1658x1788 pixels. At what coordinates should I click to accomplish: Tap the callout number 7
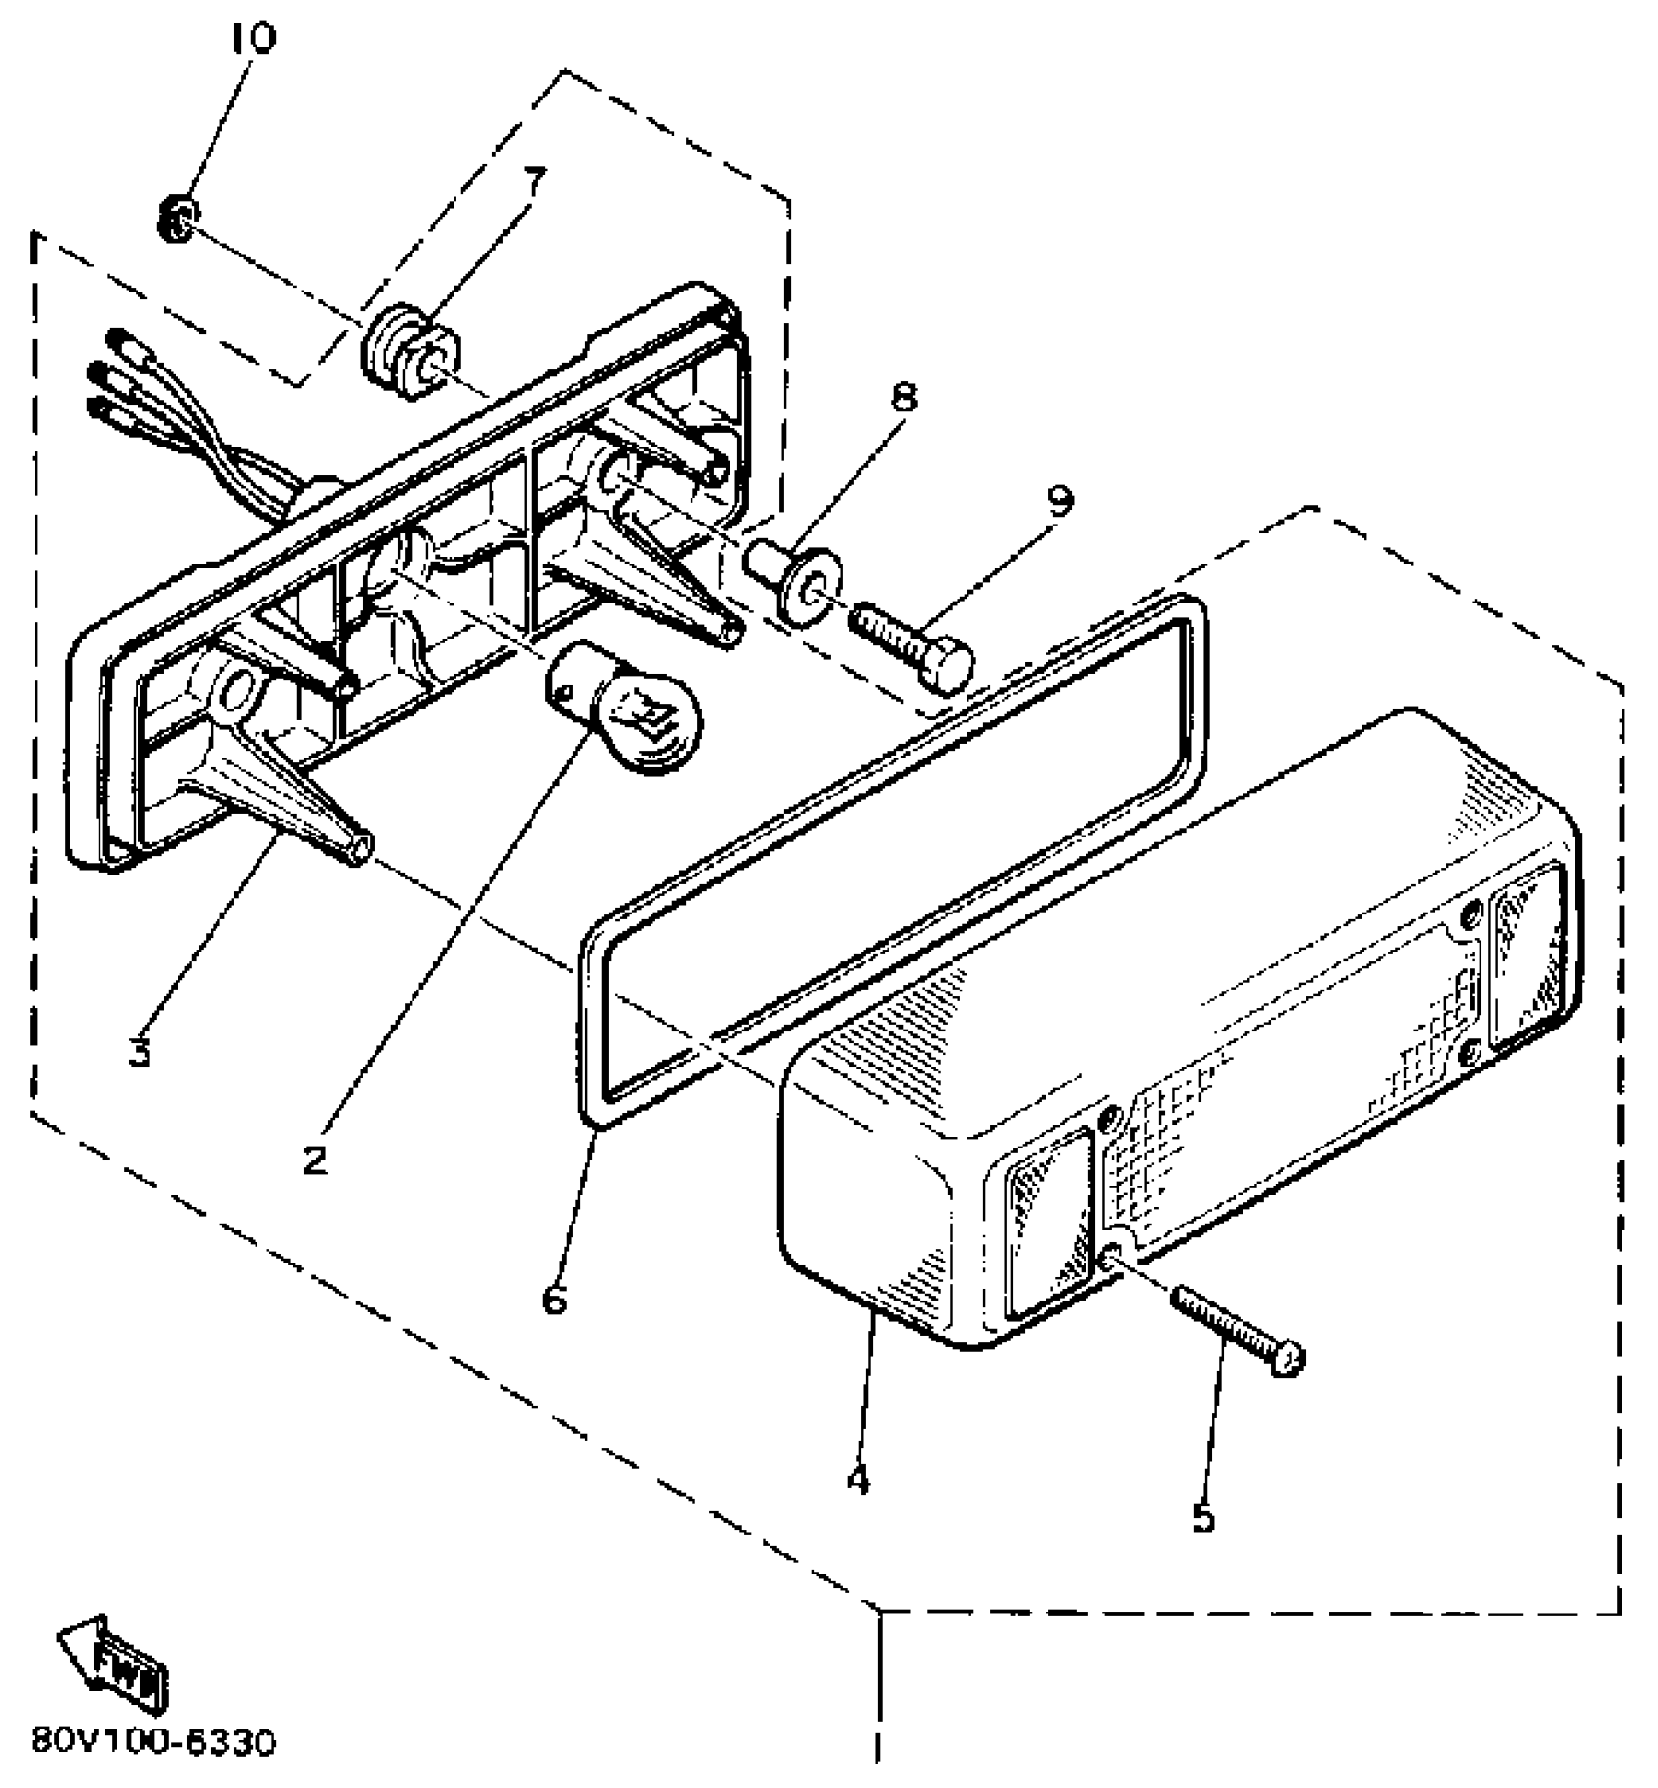[x=533, y=181]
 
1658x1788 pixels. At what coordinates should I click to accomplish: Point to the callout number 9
[x=1059, y=501]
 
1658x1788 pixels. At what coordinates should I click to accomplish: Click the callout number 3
[x=140, y=1051]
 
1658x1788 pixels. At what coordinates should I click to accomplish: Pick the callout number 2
[x=314, y=1160]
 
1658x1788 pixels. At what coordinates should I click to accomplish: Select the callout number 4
[x=856, y=1481]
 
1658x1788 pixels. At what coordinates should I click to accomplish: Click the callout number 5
[x=1204, y=1518]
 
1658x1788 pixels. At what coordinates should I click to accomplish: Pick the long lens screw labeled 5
[x=1237, y=1327]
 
